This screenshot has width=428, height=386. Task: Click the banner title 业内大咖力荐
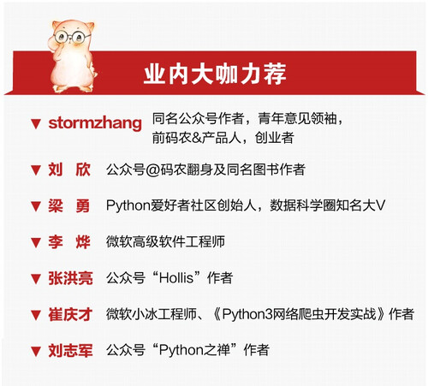pos(215,74)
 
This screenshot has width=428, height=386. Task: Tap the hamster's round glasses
pos(72,37)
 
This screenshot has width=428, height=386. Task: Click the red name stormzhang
pos(95,123)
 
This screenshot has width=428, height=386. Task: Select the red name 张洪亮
pos(70,278)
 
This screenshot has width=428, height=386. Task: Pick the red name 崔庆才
pos(70,314)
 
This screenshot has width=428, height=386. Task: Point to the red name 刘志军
pos(70,351)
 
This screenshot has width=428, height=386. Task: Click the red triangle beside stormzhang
pos(36,124)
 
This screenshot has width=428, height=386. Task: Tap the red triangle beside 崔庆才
pos(36,315)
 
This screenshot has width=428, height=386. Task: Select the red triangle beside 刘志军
pos(36,352)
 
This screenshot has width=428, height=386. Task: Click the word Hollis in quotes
pos(176,277)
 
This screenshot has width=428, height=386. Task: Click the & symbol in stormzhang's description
pos(197,138)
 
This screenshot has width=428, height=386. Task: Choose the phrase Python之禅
pos(194,350)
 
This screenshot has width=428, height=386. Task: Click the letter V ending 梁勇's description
pos(380,205)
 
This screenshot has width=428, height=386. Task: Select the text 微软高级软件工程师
pos(165,241)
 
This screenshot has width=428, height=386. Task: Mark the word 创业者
pos(274,138)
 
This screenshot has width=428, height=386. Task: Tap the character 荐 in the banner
pos(275,74)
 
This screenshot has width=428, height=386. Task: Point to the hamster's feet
pos(73,88)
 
